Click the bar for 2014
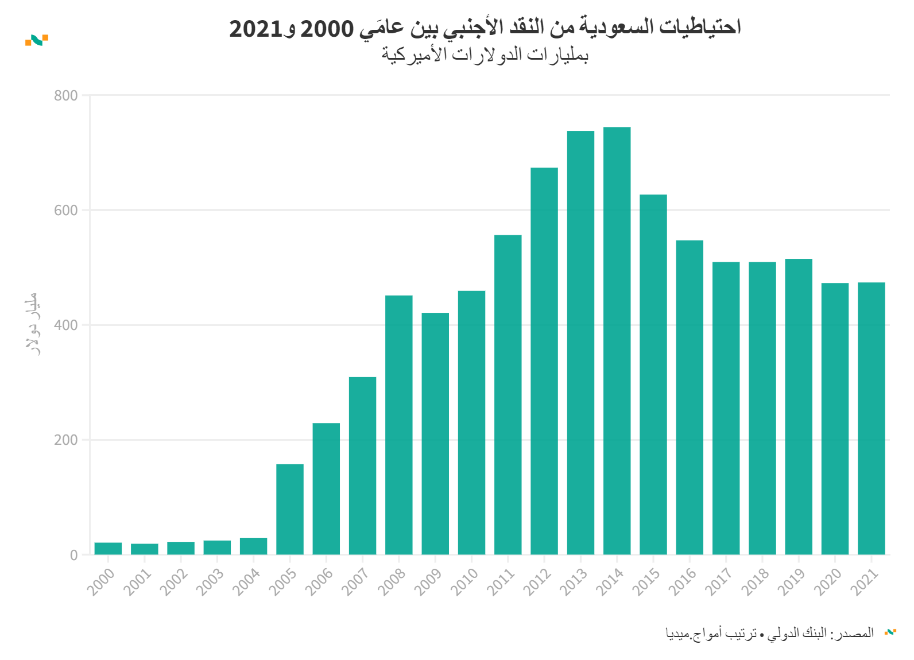click(617, 341)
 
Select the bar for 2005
click(290, 509)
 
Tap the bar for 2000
click(108, 549)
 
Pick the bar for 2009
click(435, 433)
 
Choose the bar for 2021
click(871, 418)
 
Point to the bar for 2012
click(544, 361)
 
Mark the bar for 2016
click(690, 397)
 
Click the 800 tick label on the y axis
click(66, 96)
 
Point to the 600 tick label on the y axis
click(66, 211)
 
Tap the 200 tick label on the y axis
click(66, 440)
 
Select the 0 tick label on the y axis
click(74, 555)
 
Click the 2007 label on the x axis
click(355, 581)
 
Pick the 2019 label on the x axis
click(792, 581)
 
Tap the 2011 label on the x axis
click(501, 581)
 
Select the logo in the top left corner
click(37, 40)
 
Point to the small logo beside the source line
click(890, 632)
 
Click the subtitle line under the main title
click(485, 55)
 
